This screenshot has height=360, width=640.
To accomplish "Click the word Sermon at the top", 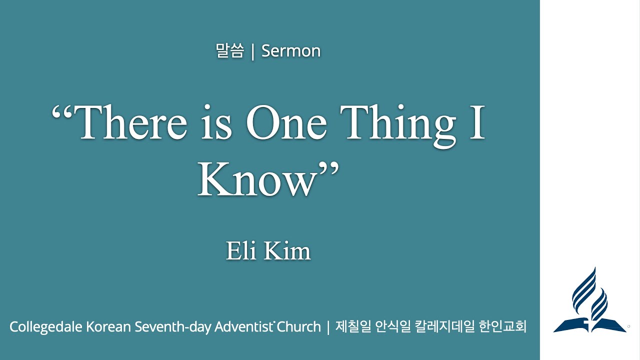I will [291, 51].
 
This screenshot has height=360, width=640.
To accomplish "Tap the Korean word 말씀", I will [229, 51].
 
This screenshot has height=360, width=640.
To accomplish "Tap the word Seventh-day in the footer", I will [172, 327].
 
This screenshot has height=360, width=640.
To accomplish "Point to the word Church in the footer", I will [298, 327].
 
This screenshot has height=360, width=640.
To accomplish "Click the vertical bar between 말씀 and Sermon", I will [252, 51].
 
